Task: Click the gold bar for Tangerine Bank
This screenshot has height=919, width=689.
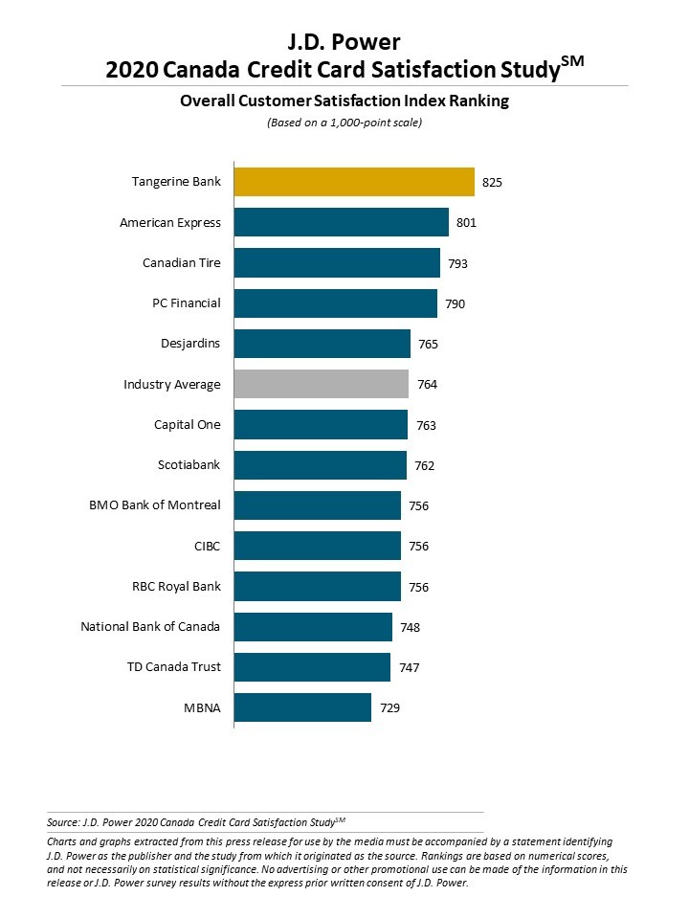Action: click(354, 182)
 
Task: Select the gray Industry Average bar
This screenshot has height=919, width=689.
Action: click(321, 384)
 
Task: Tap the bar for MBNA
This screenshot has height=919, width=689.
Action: click(302, 707)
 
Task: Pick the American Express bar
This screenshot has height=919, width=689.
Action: click(341, 222)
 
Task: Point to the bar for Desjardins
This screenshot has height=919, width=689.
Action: click(322, 344)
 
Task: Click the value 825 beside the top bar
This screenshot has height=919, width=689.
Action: click(494, 183)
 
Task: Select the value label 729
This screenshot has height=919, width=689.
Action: click(389, 708)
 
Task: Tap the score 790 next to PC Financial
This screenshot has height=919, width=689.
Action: click(456, 303)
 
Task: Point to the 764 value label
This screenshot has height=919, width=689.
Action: click(427, 385)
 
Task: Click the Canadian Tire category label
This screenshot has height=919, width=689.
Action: click(182, 263)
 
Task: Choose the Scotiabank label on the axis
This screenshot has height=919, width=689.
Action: click(189, 465)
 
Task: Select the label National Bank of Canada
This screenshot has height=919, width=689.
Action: click(150, 627)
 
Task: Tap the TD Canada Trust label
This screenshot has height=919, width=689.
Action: click(175, 667)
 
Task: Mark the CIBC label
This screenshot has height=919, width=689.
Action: click(207, 547)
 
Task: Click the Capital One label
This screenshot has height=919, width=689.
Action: click(188, 425)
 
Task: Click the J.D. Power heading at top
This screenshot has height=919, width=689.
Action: click(344, 41)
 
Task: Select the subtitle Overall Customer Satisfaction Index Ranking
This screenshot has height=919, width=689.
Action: click(344, 101)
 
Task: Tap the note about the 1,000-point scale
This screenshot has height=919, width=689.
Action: click(344, 123)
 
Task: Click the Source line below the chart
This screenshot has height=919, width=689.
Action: click(195, 821)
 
